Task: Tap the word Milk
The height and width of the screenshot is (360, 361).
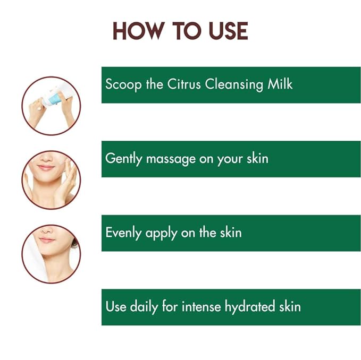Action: [279, 84]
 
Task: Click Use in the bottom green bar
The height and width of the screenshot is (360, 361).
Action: [115, 306]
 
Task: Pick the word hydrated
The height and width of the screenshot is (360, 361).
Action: [249, 307]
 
